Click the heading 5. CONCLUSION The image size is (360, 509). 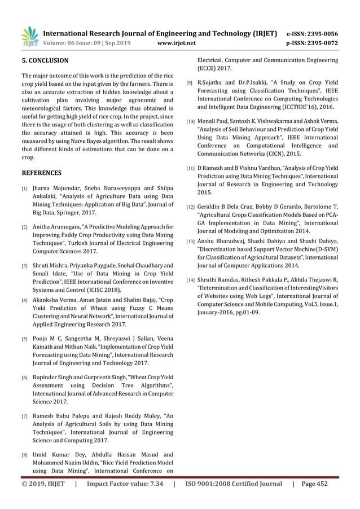[45, 60]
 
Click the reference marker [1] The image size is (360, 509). [25, 189]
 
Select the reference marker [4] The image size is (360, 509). [25, 301]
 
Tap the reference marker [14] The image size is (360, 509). [192, 281]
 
